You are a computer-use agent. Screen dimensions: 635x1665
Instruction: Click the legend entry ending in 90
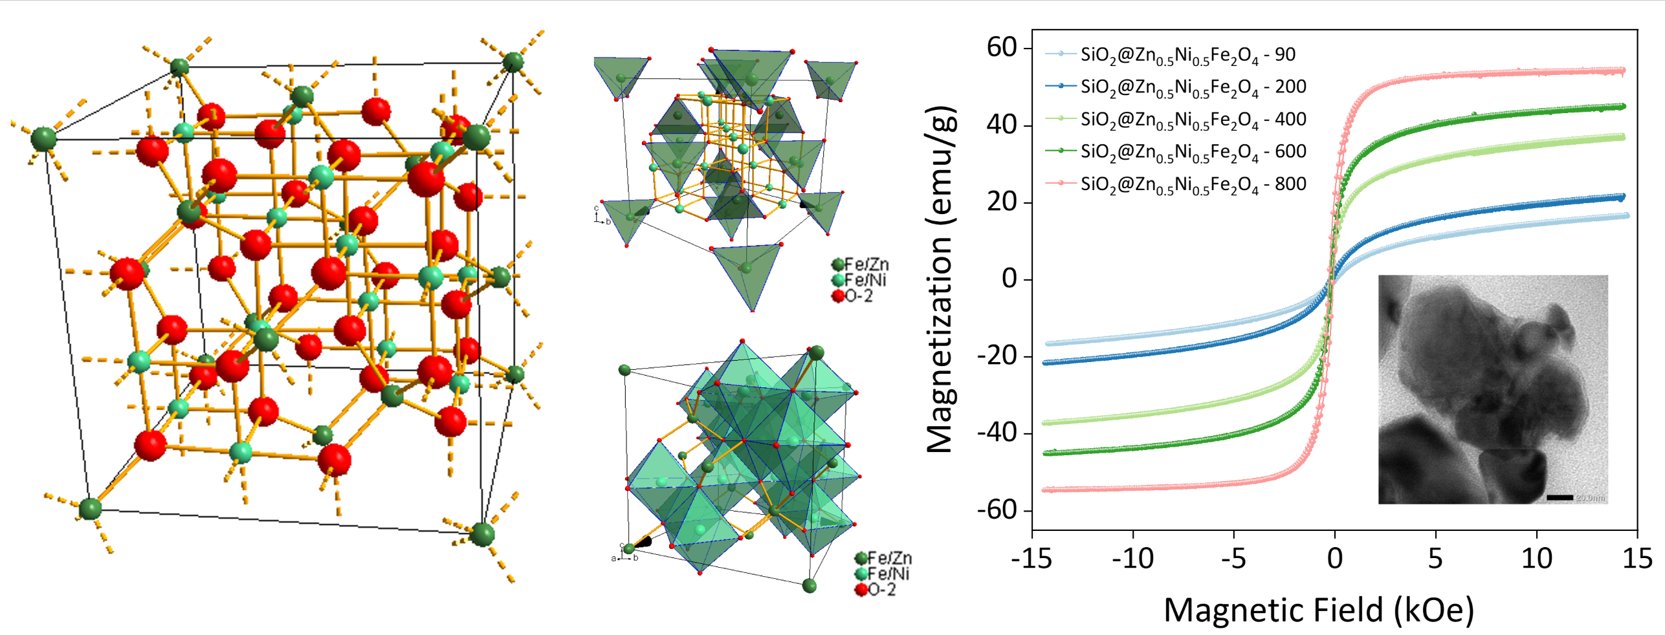pyautogui.click(x=1187, y=55)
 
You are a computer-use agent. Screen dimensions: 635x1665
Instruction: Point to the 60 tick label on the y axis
pyautogui.click(x=1001, y=47)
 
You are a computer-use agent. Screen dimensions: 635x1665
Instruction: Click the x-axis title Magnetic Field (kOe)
pyautogui.click(x=1319, y=610)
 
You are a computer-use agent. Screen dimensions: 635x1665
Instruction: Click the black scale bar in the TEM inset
pyautogui.click(x=1560, y=497)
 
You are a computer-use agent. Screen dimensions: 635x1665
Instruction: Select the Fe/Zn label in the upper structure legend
pyautogui.click(x=866, y=264)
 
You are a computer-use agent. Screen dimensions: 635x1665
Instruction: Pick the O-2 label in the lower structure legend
pyautogui.click(x=881, y=590)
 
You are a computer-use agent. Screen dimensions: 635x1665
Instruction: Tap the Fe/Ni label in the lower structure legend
pyautogui.click(x=888, y=574)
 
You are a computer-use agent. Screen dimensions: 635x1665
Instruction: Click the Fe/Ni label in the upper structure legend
pyautogui.click(x=865, y=280)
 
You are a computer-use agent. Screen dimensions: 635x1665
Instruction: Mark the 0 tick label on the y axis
pyautogui.click(x=1009, y=279)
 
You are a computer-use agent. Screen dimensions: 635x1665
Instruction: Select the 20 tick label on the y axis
pyautogui.click(x=1001, y=202)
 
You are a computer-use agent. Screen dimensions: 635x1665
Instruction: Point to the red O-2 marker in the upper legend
pyautogui.click(x=838, y=296)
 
